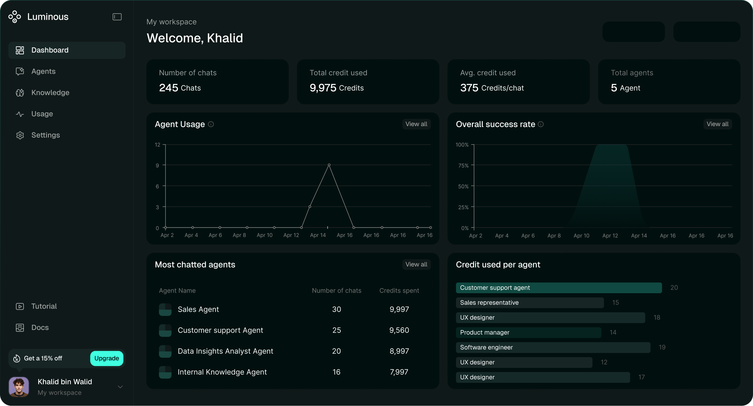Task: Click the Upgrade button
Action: coord(107,358)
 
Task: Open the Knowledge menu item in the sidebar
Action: coord(50,92)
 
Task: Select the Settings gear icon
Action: coord(20,135)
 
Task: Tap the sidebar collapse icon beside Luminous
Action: coord(117,17)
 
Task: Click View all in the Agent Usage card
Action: coord(416,124)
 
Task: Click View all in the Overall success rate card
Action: coord(717,124)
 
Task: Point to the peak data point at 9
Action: coord(329,165)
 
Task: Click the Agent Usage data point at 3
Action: coord(310,207)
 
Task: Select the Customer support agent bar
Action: coord(559,288)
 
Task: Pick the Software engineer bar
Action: coord(553,347)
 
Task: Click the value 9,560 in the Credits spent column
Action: coord(399,330)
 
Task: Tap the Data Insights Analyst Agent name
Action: coord(225,351)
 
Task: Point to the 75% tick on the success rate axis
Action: coord(463,166)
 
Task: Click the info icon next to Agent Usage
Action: coord(211,124)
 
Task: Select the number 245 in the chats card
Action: coord(169,88)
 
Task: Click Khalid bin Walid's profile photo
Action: coord(19,387)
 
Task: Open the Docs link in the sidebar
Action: coord(40,328)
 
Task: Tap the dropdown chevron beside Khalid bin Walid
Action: coord(120,387)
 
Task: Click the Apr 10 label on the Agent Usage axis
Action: coord(265,235)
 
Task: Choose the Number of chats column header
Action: coord(336,290)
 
